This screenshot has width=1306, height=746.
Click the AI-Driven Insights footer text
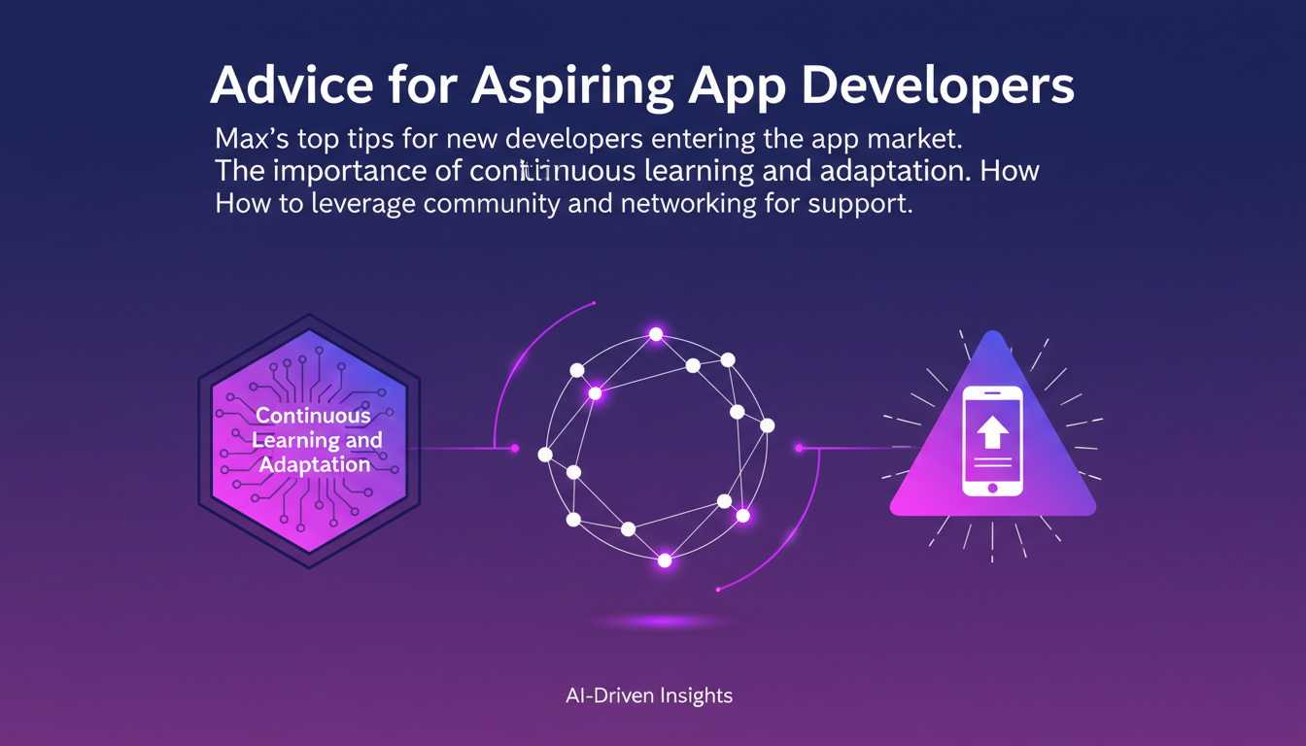[x=648, y=695]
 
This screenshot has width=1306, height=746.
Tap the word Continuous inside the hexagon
[x=313, y=416]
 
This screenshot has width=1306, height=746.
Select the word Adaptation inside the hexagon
[x=315, y=464]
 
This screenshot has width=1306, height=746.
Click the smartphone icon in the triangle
[x=992, y=441]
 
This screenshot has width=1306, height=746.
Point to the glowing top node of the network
[x=656, y=334]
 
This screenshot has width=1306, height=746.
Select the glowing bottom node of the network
[x=665, y=560]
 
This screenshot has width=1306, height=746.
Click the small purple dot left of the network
[x=515, y=449]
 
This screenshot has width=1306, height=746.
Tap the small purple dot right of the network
[x=799, y=448]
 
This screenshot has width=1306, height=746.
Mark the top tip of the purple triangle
[x=992, y=333]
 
